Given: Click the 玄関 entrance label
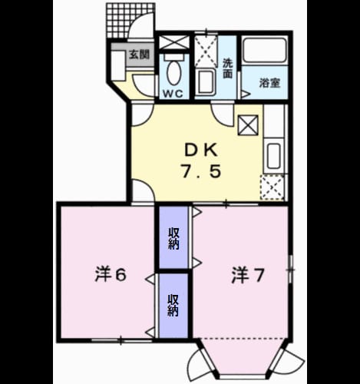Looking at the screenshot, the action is pyautogui.click(x=139, y=55).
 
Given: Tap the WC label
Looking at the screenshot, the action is pyautogui.click(x=173, y=94).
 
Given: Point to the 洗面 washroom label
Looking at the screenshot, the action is pyautogui.click(x=227, y=68).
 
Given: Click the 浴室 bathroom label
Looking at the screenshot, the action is pyautogui.click(x=269, y=83).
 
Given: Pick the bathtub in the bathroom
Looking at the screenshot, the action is pyautogui.click(x=265, y=51).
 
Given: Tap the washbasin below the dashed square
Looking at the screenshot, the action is pyautogui.click(x=206, y=82).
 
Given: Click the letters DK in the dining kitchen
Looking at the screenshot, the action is pyautogui.click(x=201, y=150).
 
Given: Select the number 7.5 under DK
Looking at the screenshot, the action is pyautogui.click(x=201, y=171).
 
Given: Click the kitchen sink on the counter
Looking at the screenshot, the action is pyautogui.click(x=274, y=156).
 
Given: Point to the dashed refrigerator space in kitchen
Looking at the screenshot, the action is pyautogui.click(x=272, y=187).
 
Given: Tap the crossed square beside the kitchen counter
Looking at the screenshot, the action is pyautogui.click(x=248, y=125).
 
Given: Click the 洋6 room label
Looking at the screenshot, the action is pyautogui.click(x=111, y=275).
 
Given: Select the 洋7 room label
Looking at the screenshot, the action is pyautogui.click(x=247, y=276).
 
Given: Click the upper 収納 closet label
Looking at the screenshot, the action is pyautogui.click(x=173, y=239).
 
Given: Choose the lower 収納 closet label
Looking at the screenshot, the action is pyautogui.click(x=173, y=305).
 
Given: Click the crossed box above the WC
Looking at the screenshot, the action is pyautogui.click(x=174, y=42).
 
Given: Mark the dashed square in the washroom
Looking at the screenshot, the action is pyautogui.click(x=206, y=51).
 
